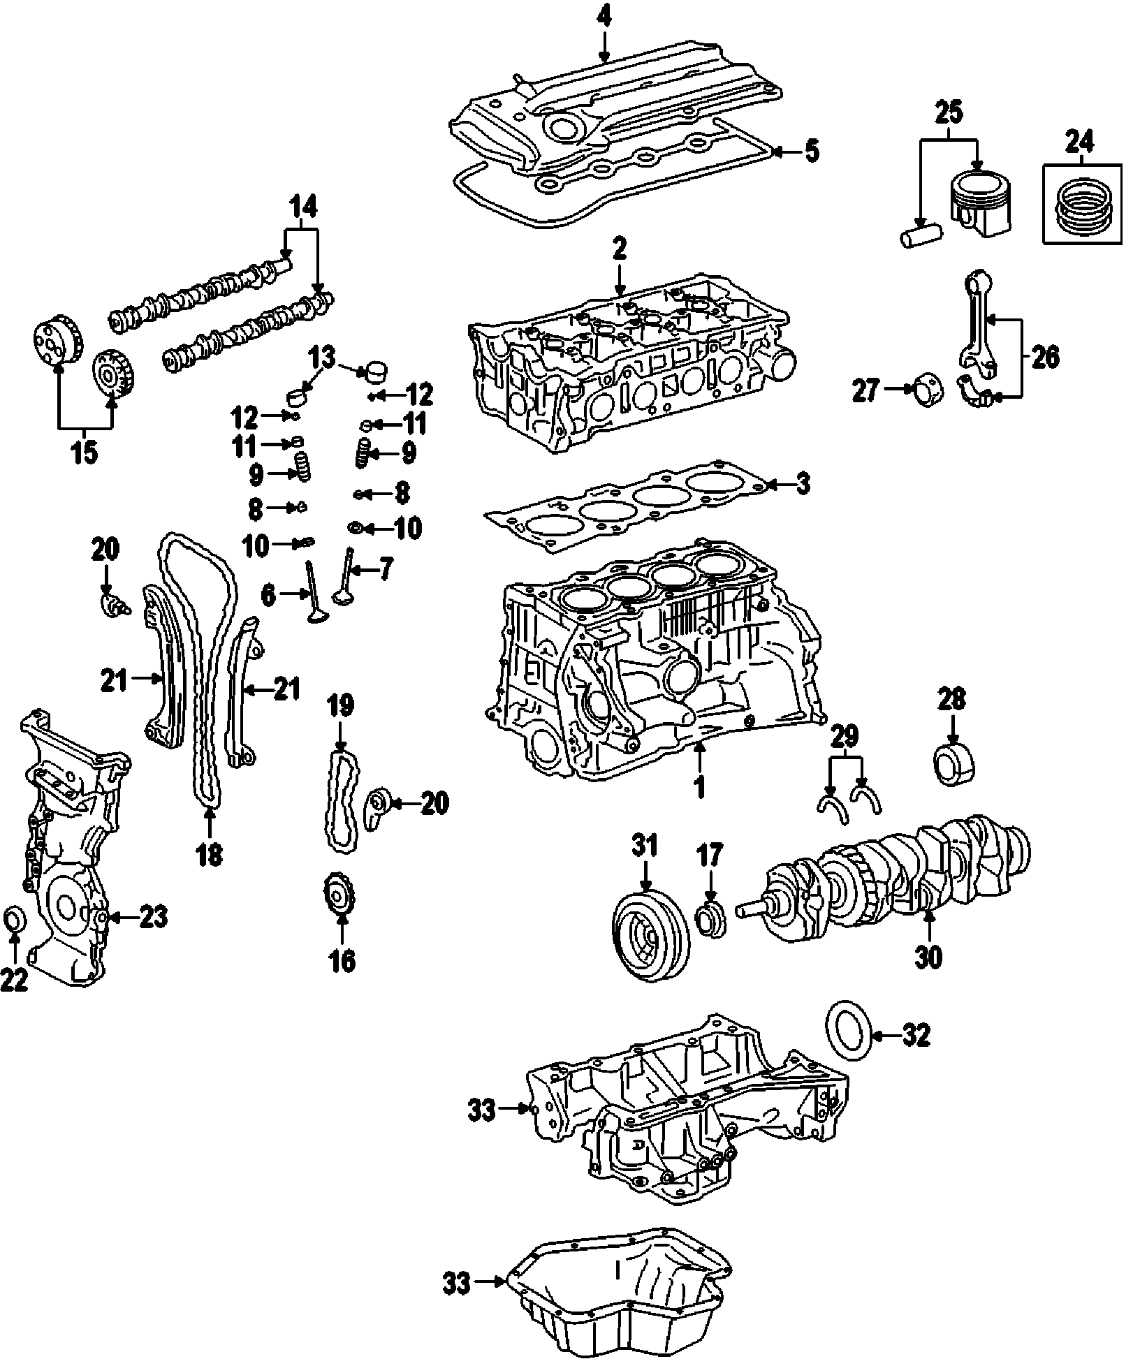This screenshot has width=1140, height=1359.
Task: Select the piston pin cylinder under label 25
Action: pyautogui.click(x=919, y=235)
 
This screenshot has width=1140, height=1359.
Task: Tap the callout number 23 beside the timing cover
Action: pyautogui.click(x=153, y=917)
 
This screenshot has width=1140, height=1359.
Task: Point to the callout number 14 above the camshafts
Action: pyautogui.click(x=302, y=207)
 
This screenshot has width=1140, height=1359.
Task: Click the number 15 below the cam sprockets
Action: pyautogui.click(x=84, y=452)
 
